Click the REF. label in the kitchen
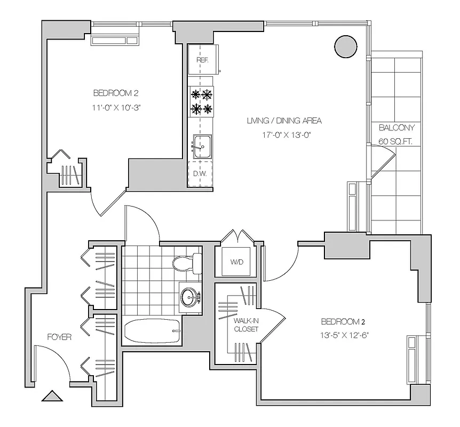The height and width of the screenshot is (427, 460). point(202,60)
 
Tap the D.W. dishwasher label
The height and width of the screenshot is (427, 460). point(200,173)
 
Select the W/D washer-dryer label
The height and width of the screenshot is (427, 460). point(236,262)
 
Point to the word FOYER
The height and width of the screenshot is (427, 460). point(59,337)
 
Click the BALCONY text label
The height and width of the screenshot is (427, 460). point(396,128)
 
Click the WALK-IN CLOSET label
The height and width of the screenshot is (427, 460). point(245,325)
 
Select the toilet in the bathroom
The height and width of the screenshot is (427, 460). point(187,262)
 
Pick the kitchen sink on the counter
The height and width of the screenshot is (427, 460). point(202,146)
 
